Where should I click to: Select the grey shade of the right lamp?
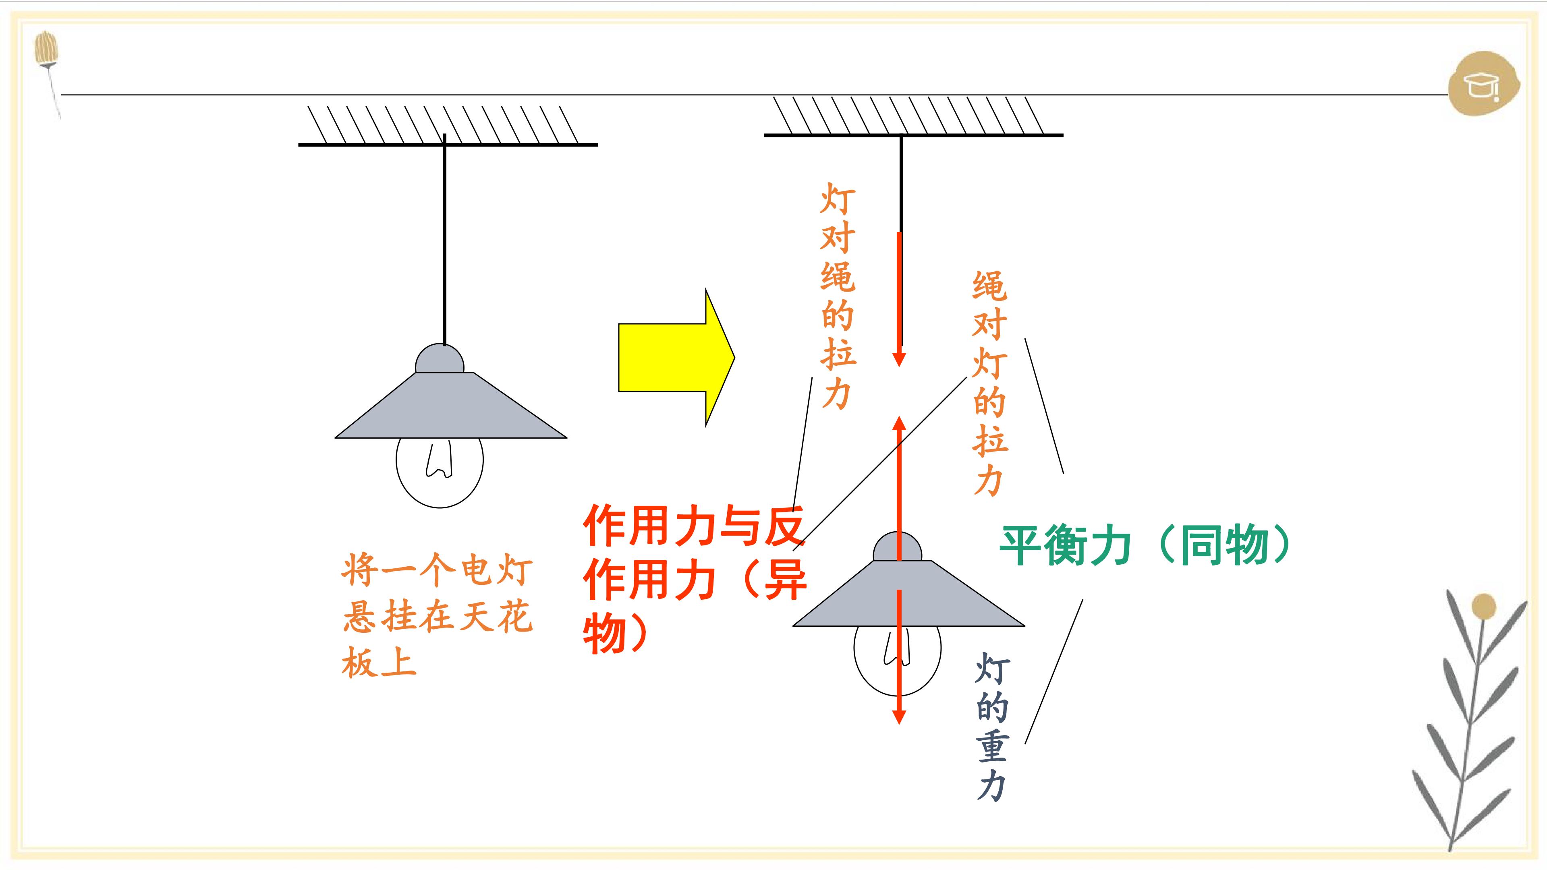[908, 594]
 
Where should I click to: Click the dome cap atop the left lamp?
[440, 358]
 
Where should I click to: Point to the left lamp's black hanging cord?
[444, 240]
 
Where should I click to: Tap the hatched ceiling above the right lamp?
[913, 117]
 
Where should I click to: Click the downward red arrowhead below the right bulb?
[899, 717]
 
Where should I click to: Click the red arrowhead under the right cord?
[899, 359]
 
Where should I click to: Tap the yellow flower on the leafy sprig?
[1483, 607]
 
